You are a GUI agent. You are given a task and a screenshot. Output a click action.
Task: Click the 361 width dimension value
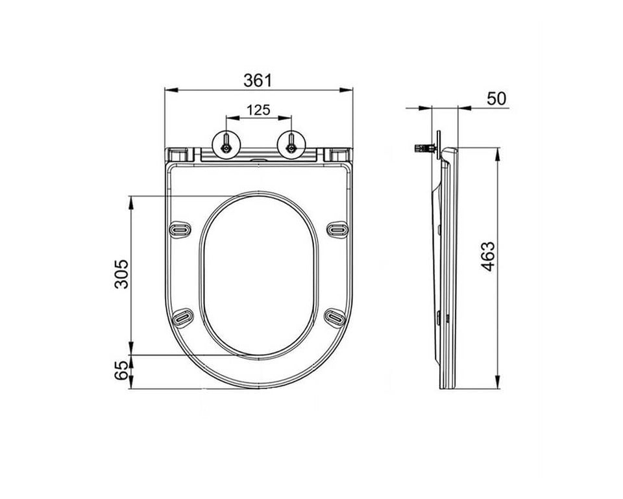click(x=258, y=81)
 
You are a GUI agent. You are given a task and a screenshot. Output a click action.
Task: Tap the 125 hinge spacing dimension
click(x=259, y=110)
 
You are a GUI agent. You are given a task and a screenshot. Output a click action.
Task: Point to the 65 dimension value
click(x=121, y=370)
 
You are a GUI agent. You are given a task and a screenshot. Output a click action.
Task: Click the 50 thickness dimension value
click(x=496, y=99)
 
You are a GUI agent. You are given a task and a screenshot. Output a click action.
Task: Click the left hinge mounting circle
click(x=226, y=145)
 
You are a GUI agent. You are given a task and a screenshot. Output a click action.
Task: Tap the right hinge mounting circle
click(x=291, y=145)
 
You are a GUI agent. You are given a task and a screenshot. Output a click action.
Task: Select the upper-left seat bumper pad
click(x=180, y=229)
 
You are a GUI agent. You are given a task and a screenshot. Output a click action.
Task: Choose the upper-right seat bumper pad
click(x=337, y=229)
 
